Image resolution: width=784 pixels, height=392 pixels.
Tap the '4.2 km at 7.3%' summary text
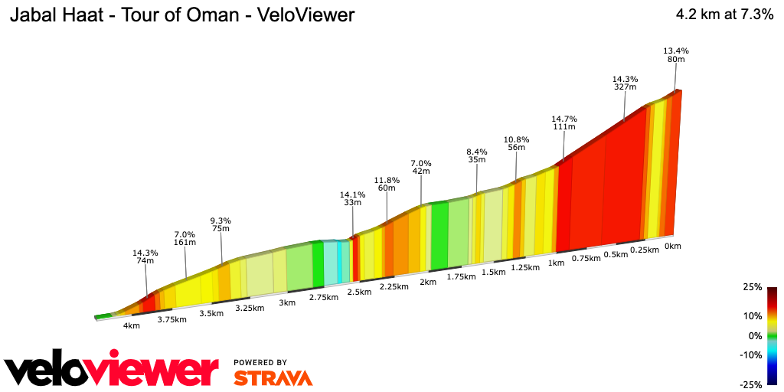pyautogui.click(x=724, y=15)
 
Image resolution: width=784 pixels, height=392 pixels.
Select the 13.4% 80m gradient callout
pyautogui.click(x=676, y=56)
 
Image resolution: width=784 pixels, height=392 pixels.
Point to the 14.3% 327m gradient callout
pyautogui.click(x=626, y=83)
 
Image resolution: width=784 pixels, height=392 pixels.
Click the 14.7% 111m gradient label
pyautogui.click(x=564, y=124)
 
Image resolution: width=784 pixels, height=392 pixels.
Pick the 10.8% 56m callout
pyautogui.click(x=516, y=143)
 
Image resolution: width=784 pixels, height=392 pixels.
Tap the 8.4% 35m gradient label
pyautogui.click(x=477, y=155)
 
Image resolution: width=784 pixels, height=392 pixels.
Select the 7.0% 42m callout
pyautogui.click(x=421, y=167)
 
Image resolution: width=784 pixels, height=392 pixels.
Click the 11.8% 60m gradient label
pyautogui.click(x=387, y=184)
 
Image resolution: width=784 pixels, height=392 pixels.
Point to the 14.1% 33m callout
pyautogui.click(x=353, y=198)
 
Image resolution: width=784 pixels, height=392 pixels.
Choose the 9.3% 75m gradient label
pyautogui.click(x=221, y=224)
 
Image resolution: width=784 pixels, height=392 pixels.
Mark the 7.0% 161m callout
pyautogui.click(x=185, y=238)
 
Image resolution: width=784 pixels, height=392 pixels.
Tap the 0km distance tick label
pyautogui.click(x=673, y=246)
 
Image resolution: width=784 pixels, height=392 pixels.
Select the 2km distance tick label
pyautogui.click(x=428, y=282)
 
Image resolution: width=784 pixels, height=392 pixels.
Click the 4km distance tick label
pyautogui.click(x=132, y=325)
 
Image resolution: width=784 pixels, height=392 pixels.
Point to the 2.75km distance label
pyautogui.click(x=323, y=297)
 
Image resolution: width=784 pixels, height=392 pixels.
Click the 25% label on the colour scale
pyautogui.click(x=753, y=287)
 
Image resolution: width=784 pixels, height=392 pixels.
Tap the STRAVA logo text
pyautogui.click(x=273, y=377)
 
